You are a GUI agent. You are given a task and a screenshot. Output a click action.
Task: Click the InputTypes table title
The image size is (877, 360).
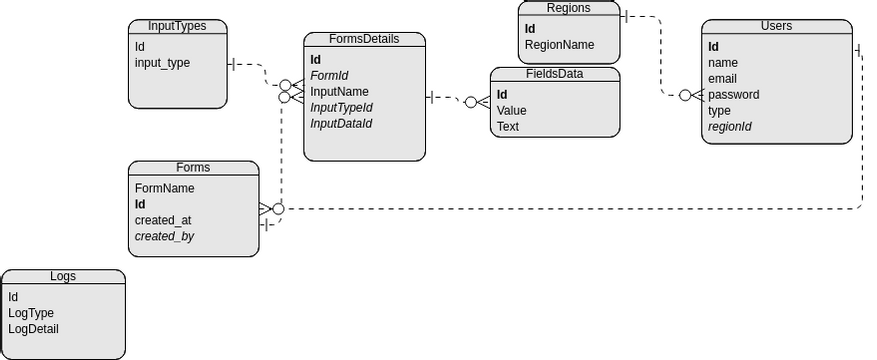(177, 26)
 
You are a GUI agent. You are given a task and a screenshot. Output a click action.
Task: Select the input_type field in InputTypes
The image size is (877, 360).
(162, 63)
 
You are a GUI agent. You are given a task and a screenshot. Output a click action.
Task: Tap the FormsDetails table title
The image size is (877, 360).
(364, 39)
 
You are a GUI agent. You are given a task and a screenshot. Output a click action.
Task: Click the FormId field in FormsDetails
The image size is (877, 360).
(329, 75)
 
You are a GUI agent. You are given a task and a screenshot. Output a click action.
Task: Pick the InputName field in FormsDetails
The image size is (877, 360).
(339, 91)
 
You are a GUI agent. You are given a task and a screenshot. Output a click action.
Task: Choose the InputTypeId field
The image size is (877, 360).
(341, 107)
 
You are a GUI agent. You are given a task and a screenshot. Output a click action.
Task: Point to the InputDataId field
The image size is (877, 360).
(341, 123)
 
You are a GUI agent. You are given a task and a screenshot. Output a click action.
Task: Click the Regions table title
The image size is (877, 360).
(568, 8)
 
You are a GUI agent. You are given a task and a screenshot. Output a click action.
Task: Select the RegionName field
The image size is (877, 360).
(559, 44)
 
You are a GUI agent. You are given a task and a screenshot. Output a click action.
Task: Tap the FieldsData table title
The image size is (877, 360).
(554, 73)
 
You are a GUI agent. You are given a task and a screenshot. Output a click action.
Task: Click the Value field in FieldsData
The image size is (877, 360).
(511, 110)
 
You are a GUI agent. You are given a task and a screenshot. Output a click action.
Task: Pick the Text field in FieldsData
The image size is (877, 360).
(508, 126)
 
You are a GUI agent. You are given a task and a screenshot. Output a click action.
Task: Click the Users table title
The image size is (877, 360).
(776, 26)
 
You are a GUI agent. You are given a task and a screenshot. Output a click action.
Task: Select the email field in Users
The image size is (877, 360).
(723, 79)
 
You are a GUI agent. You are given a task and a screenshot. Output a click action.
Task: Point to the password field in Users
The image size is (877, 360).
(733, 95)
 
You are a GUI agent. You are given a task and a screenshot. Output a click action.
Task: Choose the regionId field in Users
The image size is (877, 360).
(730, 127)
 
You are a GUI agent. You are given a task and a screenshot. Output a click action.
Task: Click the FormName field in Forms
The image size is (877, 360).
(164, 188)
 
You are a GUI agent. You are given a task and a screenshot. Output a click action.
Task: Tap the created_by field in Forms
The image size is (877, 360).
(164, 236)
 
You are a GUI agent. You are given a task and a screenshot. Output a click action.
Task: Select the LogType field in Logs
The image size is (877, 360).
(31, 313)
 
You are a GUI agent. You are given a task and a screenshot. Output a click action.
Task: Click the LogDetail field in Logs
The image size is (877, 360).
(34, 329)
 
